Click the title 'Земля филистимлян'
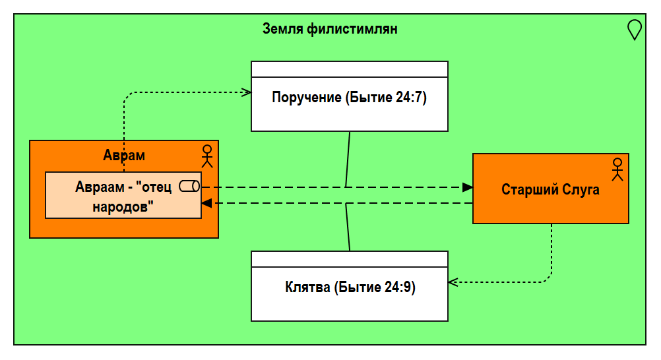(x=330, y=29)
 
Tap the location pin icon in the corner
(x=634, y=30)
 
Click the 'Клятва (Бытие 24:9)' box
(x=349, y=294)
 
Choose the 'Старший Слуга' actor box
(x=550, y=198)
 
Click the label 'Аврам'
(x=124, y=156)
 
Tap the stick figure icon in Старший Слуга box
(x=617, y=169)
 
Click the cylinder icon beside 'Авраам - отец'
(x=189, y=187)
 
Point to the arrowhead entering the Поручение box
(x=246, y=92)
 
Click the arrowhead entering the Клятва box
(x=453, y=282)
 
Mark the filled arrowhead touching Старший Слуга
(x=468, y=187)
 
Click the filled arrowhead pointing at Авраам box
(x=206, y=203)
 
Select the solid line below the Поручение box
(x=348, y=158)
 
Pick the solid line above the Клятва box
(x=347, y=227)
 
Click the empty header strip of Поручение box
(x=349, y=69)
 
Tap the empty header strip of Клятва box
(x=349, y=259)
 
